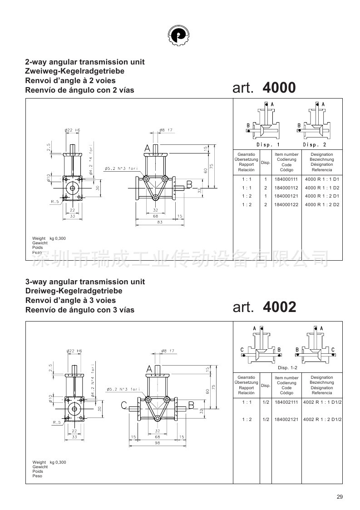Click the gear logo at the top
click(x=178, y=35)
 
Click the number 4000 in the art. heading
click(x=279, y=88)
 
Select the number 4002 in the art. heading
click(x=279, y=307)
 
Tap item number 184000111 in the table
click(x=286, y=179)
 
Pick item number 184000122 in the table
click(x=286, y=204)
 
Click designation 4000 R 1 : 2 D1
click(x=322, y=196)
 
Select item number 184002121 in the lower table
click(x=286, y=419)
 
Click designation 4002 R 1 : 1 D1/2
click(x=322, y=402)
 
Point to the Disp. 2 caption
click(x=314, y=144)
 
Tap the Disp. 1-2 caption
click(x=287, y=367)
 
